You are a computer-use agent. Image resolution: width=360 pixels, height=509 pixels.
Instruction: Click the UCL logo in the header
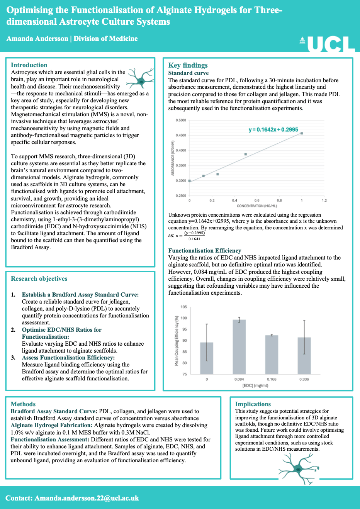328,44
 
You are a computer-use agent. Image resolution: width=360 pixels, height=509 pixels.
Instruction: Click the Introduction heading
29,65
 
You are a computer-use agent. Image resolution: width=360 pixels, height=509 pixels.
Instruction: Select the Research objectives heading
39,279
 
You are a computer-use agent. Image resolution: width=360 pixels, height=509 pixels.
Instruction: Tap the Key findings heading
188,65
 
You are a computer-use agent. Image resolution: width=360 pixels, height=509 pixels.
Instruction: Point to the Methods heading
23,404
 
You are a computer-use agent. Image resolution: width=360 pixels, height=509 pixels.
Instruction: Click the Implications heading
253,404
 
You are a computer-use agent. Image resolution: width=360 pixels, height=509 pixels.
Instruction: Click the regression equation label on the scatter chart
273,130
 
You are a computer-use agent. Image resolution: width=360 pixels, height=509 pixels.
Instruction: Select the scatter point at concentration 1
302,133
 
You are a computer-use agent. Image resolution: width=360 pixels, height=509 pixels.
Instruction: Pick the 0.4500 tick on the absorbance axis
181,136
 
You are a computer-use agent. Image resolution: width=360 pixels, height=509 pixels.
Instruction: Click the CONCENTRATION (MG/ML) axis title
257,206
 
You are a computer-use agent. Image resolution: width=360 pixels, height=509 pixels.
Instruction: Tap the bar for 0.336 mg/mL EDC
304,355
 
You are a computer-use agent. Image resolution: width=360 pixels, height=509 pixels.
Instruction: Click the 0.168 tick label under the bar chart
272,379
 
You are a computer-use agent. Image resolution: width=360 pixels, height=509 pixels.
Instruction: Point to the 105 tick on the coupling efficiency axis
183,307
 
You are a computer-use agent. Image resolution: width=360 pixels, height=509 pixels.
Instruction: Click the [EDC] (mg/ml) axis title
255,385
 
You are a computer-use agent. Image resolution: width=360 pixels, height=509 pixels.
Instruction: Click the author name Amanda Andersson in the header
37,39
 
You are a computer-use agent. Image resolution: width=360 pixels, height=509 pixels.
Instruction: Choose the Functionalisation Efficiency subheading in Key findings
205,251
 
